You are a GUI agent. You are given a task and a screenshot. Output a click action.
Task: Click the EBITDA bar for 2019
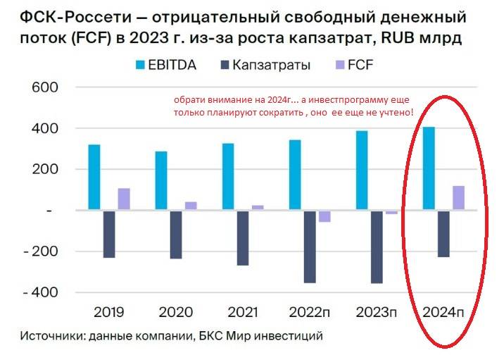pyautogui.click(x=94, y=177)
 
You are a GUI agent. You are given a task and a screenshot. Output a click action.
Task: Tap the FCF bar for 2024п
pyautogui.click(x=458, y=197)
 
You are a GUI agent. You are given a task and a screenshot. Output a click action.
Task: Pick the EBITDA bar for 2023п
pyautogui.click(x=362, y=170)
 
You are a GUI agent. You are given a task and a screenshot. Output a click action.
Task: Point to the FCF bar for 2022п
pyautogui.click(x=325, y=216)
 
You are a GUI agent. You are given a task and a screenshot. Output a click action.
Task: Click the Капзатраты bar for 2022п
pyautogui.click(x=310, y=247)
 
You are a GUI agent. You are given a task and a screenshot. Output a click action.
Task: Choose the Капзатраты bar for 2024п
pyautogui.click(x=443, y=234)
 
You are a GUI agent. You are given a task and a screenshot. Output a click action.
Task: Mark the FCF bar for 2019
pyautogui.click(x=124, y=199)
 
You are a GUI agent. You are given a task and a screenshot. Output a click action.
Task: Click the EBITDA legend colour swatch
pyautogui.click(x=141, y=65)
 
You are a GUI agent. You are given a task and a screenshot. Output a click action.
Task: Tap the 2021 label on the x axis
pyautogui.click(x=242, y=311)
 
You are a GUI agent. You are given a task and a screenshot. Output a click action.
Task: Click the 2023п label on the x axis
pyautogui.click(x=377, y=311)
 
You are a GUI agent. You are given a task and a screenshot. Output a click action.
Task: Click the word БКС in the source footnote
pyautogui.click(x=210, y=336)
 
